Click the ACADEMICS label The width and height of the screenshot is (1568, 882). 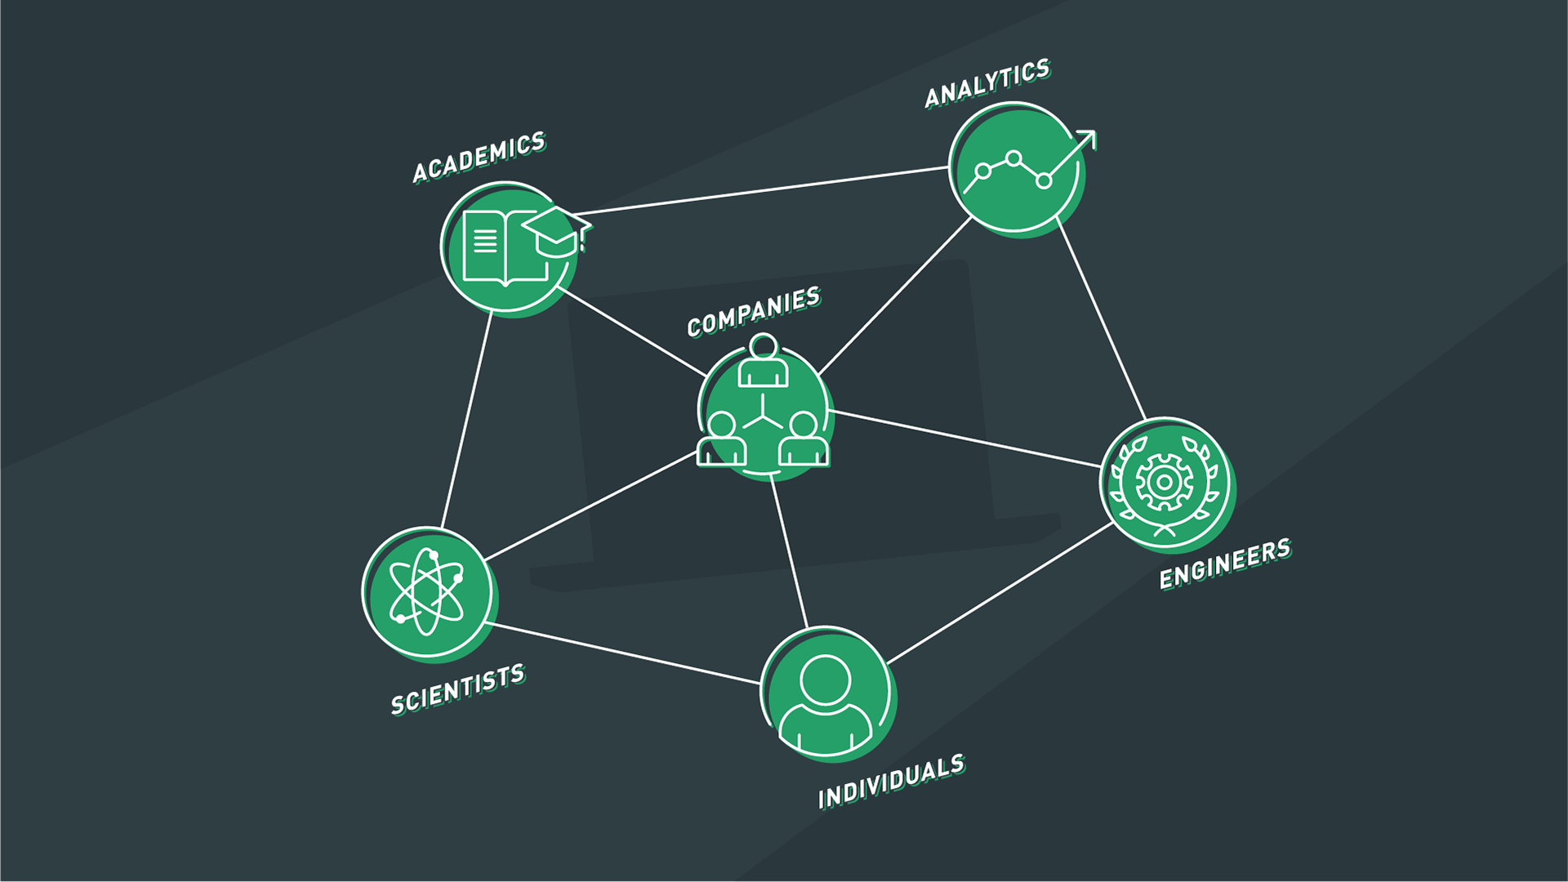[x=479, y=157]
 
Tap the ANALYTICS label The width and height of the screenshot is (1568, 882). [x=987, y=83]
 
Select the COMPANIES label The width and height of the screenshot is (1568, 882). [x=753, y=311]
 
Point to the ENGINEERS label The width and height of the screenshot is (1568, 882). [x=1225, y=563]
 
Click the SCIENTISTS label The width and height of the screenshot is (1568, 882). [x=457, y=689]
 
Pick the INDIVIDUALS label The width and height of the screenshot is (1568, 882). [x=891, y=782]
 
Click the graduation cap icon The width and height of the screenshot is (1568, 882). [x=555, y=230]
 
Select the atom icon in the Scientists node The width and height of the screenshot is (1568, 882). [x=426, y=591]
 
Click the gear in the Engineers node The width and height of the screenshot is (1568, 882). [x=1164, y=482]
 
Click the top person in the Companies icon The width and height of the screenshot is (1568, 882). [x=764, y=361]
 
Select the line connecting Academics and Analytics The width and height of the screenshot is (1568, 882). [x=768, y=190]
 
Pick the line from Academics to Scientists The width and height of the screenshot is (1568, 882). [x=467, y=420]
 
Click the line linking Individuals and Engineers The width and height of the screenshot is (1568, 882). [x=1000, y=593]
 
